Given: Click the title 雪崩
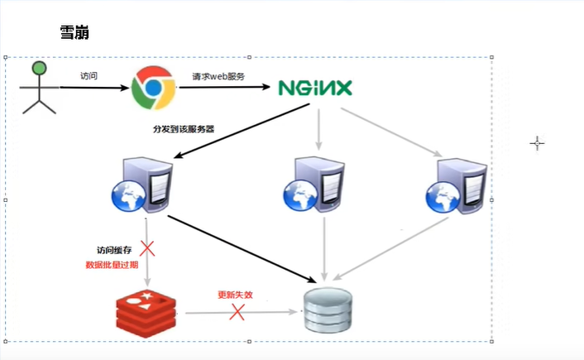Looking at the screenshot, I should (x=74, y=33).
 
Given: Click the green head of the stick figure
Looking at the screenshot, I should (x=38, y=69).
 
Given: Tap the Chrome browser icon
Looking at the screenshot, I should (x=152, y=87).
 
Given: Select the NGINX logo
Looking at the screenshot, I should (x=315, y=88).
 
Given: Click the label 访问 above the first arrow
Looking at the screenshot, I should (x=89, y=75).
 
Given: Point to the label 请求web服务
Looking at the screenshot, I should (x=218, y=75).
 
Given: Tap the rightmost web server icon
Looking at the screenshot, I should (x=456, y=184).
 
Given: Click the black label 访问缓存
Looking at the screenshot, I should (x=114, y=249).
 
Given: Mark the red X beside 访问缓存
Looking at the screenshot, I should (x=149, y=247).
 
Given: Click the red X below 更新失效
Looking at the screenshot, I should (x=237, y=312).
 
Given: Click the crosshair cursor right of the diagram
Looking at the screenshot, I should (x=537, y=143).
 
